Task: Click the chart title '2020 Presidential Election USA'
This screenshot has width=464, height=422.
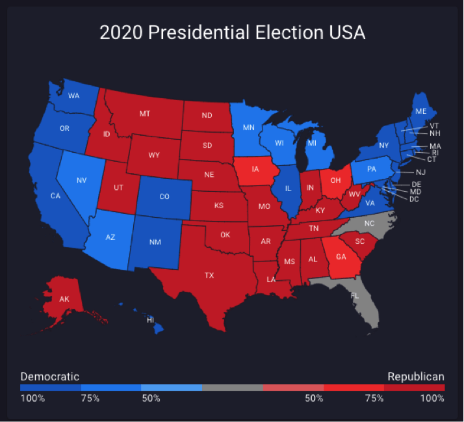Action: coord(232,33)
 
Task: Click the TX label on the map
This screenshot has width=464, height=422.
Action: coord(209,276)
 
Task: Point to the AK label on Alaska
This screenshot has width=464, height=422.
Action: coord(64,300)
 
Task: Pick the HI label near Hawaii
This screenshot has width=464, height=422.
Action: coord(150,319)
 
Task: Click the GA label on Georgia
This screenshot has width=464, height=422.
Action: coord(341,257)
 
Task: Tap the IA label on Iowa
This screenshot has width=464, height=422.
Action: coord(256,169)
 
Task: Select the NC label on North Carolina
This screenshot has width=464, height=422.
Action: coord(370,224)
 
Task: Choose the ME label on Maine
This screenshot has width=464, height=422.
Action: coord(421,111)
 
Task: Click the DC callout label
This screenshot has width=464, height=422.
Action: coord(414,199)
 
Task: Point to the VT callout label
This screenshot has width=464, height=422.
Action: coord(434,125)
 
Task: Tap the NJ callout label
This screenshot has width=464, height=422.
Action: coord(421,172)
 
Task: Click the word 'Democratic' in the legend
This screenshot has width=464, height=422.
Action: coord(50,376)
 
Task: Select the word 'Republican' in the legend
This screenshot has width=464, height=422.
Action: coord(416,376)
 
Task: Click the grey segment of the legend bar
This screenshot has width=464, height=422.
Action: coord(233,388)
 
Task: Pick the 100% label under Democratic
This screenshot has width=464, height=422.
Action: coord(32,398)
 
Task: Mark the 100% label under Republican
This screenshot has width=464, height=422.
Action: coord(432,398)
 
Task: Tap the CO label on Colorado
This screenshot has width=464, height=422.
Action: coord(164,196)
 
